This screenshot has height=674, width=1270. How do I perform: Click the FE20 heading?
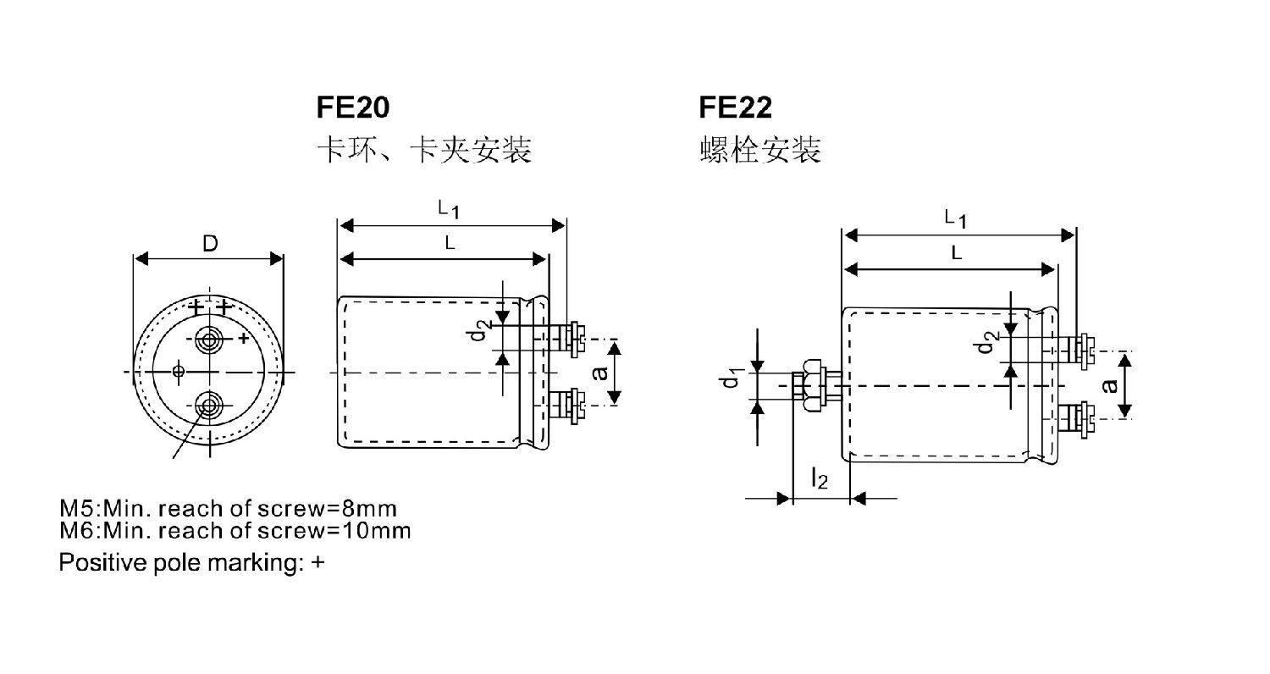tap(353, 108)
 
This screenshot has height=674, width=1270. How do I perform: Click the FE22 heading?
tap(735, 108)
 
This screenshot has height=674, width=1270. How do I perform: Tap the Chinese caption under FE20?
tap(423, 151)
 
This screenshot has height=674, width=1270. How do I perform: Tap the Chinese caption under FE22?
tap(760, 151)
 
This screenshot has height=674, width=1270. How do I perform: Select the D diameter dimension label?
tap(209, 244)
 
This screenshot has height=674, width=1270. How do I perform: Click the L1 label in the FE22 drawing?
tap(956, 218)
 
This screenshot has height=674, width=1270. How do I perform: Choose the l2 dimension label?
tap(819, 480)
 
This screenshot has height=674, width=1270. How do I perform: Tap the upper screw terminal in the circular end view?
tap(208, 340)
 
